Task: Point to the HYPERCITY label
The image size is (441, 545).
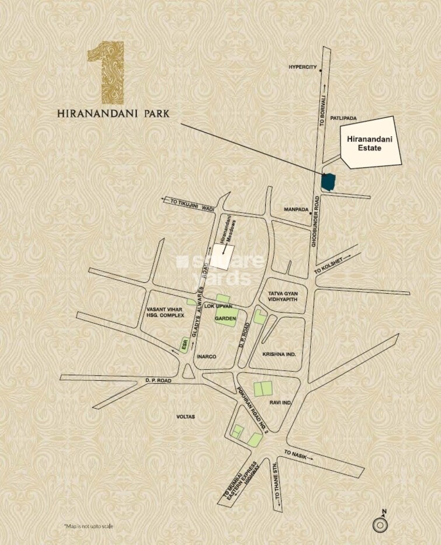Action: coord(302,67)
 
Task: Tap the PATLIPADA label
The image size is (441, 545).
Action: coord(343,118)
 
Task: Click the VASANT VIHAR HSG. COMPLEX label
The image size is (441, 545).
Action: coord(165,312)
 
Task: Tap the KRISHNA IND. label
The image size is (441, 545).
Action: coord(280,355)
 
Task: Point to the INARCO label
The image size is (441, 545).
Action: coord(207,356)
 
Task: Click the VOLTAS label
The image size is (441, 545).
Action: coord(185,416)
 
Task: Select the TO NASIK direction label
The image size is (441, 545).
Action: coord(297,454)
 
